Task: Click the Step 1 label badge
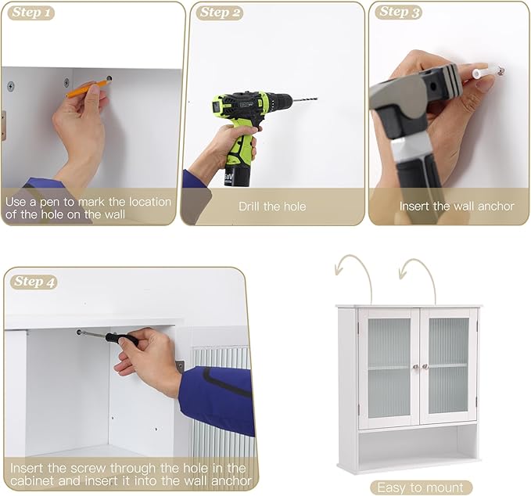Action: click(31, 13)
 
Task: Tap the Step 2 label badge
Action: click(220, 13)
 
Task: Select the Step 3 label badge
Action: click(399, 12)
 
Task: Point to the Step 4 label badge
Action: click(34, 282)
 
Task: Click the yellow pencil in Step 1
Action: click(88, 87)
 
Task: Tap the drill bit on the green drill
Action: click(304, 99)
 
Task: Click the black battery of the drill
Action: click(237, 176)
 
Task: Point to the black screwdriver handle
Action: click(122, 339)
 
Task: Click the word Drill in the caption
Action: click(249, 207)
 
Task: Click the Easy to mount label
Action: click(421, 488)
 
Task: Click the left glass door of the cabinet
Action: click(389, 368)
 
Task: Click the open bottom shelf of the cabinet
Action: click(418, 445)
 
